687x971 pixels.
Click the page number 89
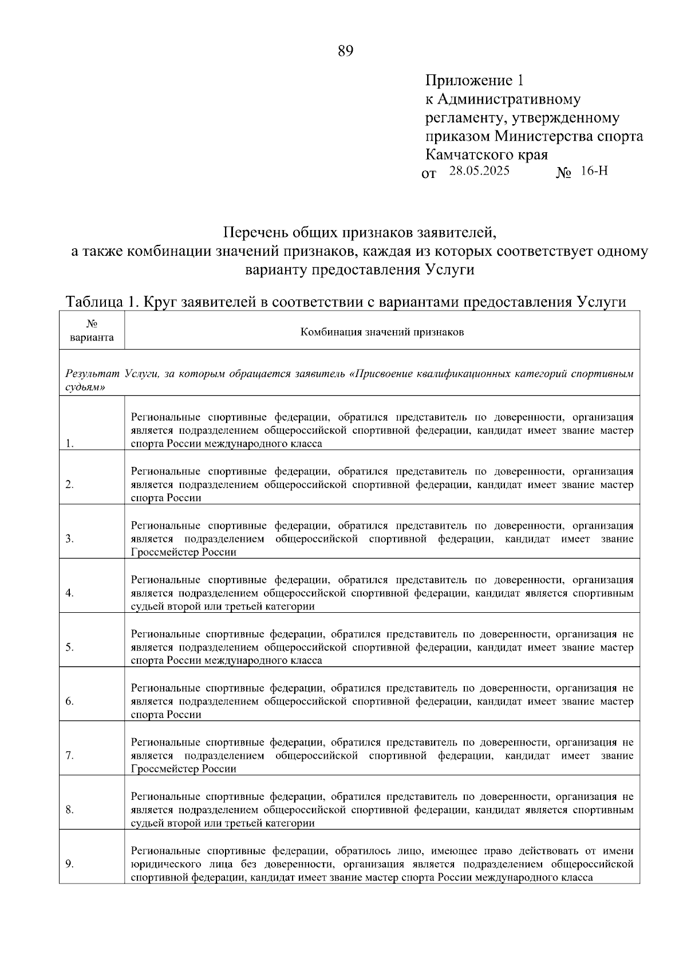(346, 51)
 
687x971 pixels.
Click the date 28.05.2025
(479, 171)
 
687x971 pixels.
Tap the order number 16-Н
(594, 171)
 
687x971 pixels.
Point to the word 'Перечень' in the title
(256, 233)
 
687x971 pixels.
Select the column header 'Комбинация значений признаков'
(382, 332)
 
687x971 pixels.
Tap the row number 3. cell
(69, 538)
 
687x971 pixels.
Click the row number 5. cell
(69, 647)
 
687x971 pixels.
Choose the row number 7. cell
(69, 755)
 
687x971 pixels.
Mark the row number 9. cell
(69, 864)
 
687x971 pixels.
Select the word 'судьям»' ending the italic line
(81, 387)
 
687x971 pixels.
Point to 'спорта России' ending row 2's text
(166, 498)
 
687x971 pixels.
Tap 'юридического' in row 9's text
(166, 864)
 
